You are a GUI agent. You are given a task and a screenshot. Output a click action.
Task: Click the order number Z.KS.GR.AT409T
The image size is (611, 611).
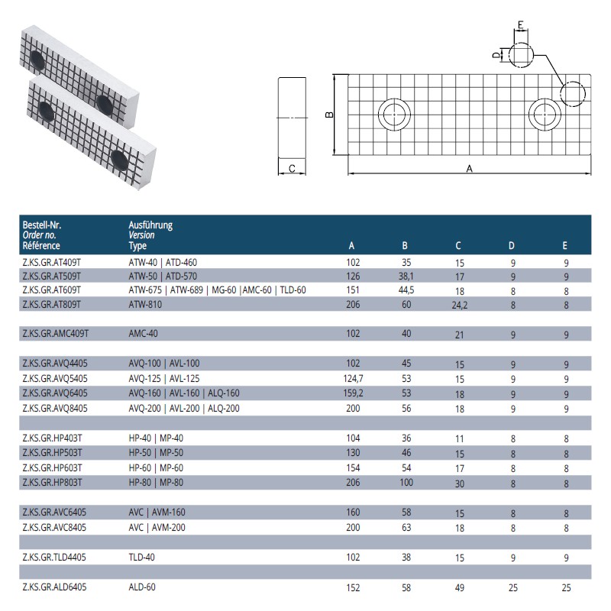pos(52,261)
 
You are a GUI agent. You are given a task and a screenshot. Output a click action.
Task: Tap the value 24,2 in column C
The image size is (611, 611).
pos(458,305)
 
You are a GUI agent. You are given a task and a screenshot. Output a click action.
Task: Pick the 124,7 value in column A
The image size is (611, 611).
pos(351,379)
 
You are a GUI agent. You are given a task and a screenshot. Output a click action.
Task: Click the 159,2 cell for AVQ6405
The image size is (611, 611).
pos(351,393)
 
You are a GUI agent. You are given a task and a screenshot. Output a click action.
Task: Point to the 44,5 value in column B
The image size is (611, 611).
pos(405,290)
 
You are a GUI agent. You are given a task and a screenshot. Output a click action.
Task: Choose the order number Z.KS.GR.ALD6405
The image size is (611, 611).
pos(55,587)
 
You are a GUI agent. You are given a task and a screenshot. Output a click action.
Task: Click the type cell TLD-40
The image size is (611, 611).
pos(142,558)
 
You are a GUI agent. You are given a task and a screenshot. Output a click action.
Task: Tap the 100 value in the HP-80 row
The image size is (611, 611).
pos(405,483)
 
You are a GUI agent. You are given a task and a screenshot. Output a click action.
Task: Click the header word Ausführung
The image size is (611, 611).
pos(150,225)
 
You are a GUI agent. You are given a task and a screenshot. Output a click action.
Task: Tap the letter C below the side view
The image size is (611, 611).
pos(293,169)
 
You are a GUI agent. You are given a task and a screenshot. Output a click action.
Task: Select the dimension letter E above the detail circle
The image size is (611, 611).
pos(520,25)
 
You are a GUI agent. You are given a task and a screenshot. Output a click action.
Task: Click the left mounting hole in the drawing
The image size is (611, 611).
pos(395,115)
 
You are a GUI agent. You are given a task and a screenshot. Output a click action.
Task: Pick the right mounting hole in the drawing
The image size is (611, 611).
pos(545,115)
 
